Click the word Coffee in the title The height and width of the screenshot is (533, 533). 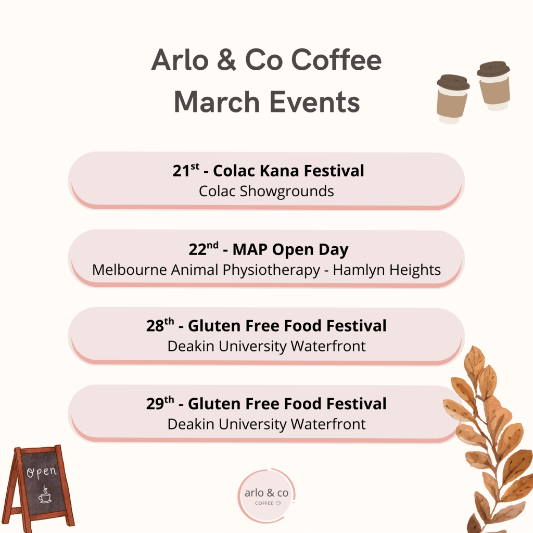click(x=336, y=60)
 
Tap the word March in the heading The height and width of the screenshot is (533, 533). click(x=217, y=102)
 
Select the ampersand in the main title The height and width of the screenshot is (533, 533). click(x=226, y=60)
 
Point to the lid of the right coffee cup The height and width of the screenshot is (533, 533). click(x=493, y=68)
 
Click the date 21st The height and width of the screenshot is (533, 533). click(x=186, y=170)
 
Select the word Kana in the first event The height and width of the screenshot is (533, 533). click(x=279, y=171)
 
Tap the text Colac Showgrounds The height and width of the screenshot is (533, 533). click(x=266, y=192)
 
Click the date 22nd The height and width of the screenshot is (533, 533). click(x=204, y=249)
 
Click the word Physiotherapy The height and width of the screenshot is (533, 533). click(x=271, y=270)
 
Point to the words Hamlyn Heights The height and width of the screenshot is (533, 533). click(x=387, y=270)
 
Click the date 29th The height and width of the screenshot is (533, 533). click(x=160, y=403)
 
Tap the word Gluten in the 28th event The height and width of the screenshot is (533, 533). click(x=214, y=326)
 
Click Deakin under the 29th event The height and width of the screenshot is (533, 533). click(x=191, y=424)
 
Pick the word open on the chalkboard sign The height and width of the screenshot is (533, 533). click(x=42, y=472)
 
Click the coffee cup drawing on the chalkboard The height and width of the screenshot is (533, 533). click(x=45, y=495)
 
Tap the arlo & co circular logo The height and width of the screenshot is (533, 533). click(x=266, y=496)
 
